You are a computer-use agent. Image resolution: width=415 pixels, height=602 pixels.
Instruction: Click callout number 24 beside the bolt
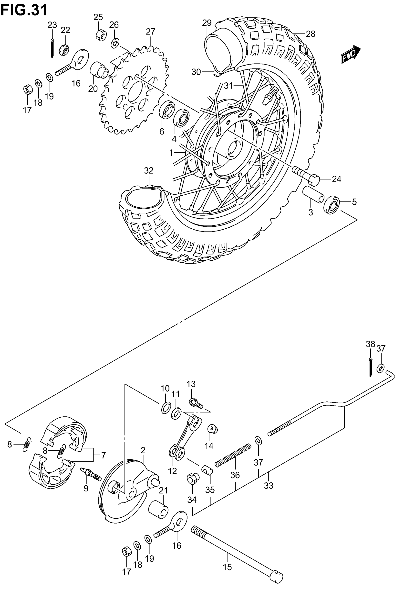336,179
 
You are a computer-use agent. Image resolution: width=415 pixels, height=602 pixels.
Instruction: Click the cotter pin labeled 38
370,367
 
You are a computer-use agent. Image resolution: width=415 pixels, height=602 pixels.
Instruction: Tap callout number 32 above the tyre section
149,170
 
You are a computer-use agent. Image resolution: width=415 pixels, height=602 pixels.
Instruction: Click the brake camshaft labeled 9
91,474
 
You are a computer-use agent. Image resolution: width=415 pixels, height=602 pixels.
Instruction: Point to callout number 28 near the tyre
310,34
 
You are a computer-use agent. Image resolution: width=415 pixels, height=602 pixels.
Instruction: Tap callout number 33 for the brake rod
269,486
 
